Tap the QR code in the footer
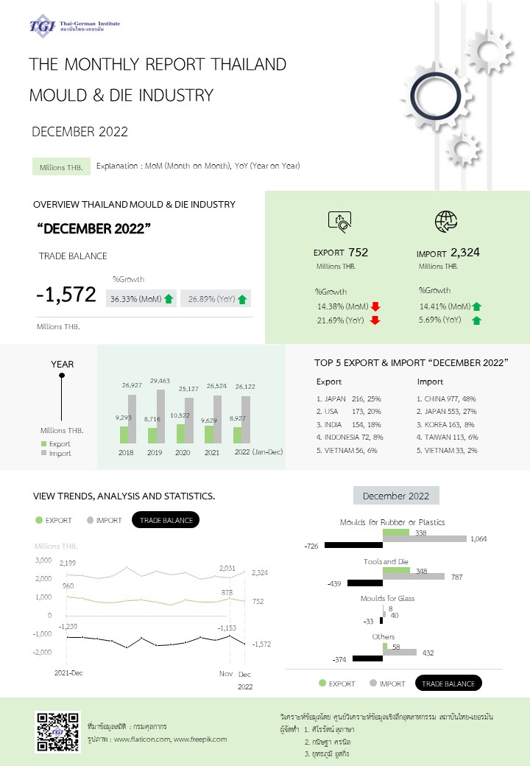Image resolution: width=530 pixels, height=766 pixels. click(x=57, y=732)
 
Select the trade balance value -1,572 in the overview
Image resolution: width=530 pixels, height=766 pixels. click(x=66, y=295)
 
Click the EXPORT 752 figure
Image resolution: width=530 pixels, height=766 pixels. click(x=341, y=253)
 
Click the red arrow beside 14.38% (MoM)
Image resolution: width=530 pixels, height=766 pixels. click(x=375, y=306)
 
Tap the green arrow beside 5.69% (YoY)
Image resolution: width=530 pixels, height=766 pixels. click(x=476, y=320)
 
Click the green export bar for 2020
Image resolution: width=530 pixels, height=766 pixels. click(x=181, y=433)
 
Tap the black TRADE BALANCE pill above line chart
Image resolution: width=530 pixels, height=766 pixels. click(x=166, y=520)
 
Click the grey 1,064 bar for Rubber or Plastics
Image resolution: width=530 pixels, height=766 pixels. click(x=425, y=539)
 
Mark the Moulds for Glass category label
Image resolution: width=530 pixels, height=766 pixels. click(x=387, y=598)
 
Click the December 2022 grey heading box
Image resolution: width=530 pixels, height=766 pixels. click(x=396, y=496)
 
